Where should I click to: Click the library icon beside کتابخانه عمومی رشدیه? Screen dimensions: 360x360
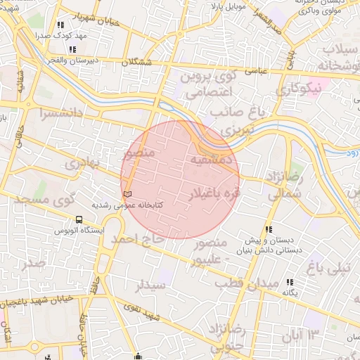(x=127, y=193)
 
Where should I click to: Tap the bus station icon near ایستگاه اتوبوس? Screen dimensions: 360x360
(x=78, y=219)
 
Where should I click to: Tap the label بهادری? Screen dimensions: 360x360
(x=83, y=164)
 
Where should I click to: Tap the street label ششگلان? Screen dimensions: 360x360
(x=136, y=63)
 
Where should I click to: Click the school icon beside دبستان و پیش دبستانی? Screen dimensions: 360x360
(x=268, y=229)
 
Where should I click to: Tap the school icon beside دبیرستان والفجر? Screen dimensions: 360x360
(x=73, y=50)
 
